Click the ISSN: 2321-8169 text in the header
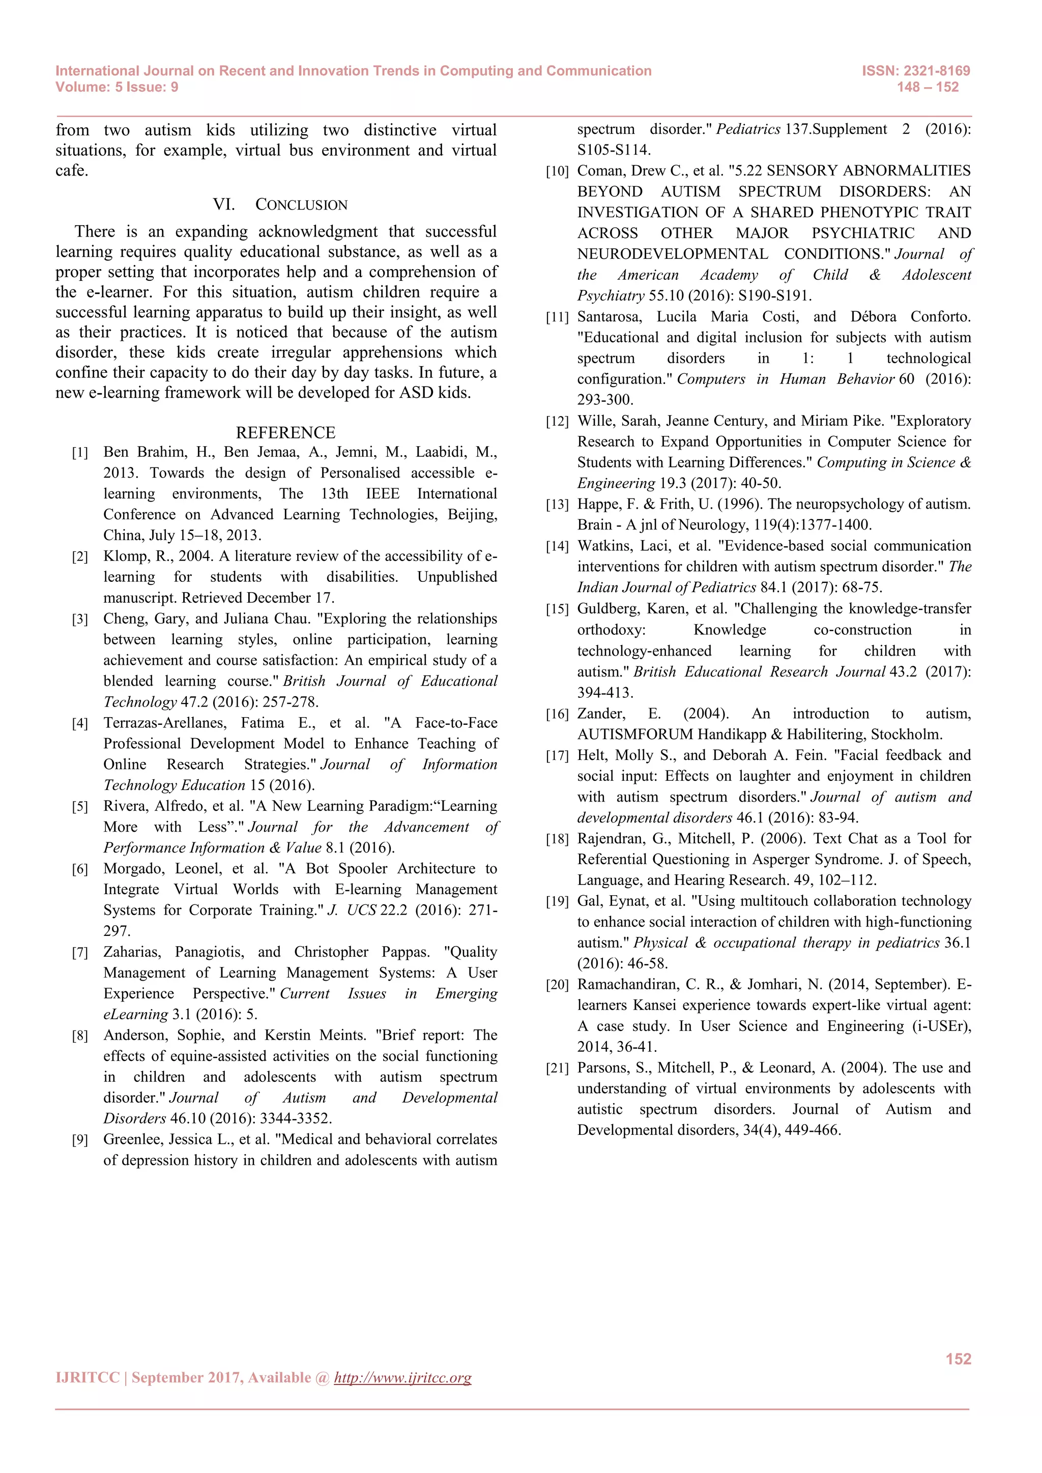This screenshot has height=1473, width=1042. coord(916,71)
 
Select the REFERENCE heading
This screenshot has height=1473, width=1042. coord(285,432)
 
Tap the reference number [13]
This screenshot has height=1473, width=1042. coord(557,505)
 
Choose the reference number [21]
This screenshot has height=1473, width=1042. coord(557,1069)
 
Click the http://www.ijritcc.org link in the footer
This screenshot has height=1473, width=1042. coord(402,1377)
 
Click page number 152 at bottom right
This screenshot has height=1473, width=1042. coord(958,1359)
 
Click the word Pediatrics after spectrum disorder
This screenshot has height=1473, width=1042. coord(748,129)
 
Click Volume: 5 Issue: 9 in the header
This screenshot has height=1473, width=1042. coord(117,87)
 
